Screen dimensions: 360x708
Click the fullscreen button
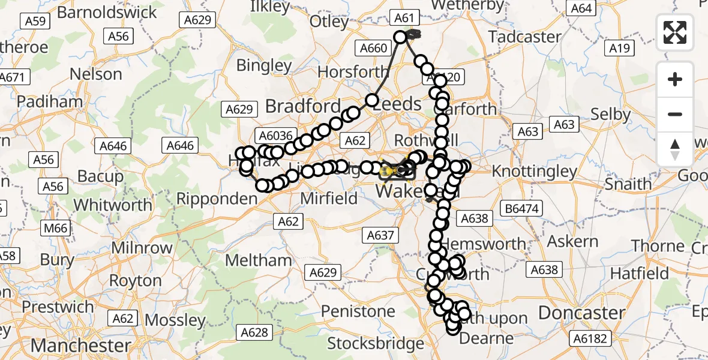pos(675,32)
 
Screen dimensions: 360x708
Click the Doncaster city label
pos(581,313)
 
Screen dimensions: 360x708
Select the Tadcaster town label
pos(524,37)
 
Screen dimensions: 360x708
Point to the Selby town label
pos(610,114)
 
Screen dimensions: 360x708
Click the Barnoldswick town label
pos(108,12)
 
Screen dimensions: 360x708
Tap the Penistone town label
pos(358,311)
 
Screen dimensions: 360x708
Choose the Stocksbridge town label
pos(375,344)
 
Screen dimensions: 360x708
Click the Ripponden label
pos(218,199)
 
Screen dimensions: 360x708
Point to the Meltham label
pos(258,260)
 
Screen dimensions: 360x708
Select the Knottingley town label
pos(534,172)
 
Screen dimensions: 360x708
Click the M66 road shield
pos(55,229)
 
